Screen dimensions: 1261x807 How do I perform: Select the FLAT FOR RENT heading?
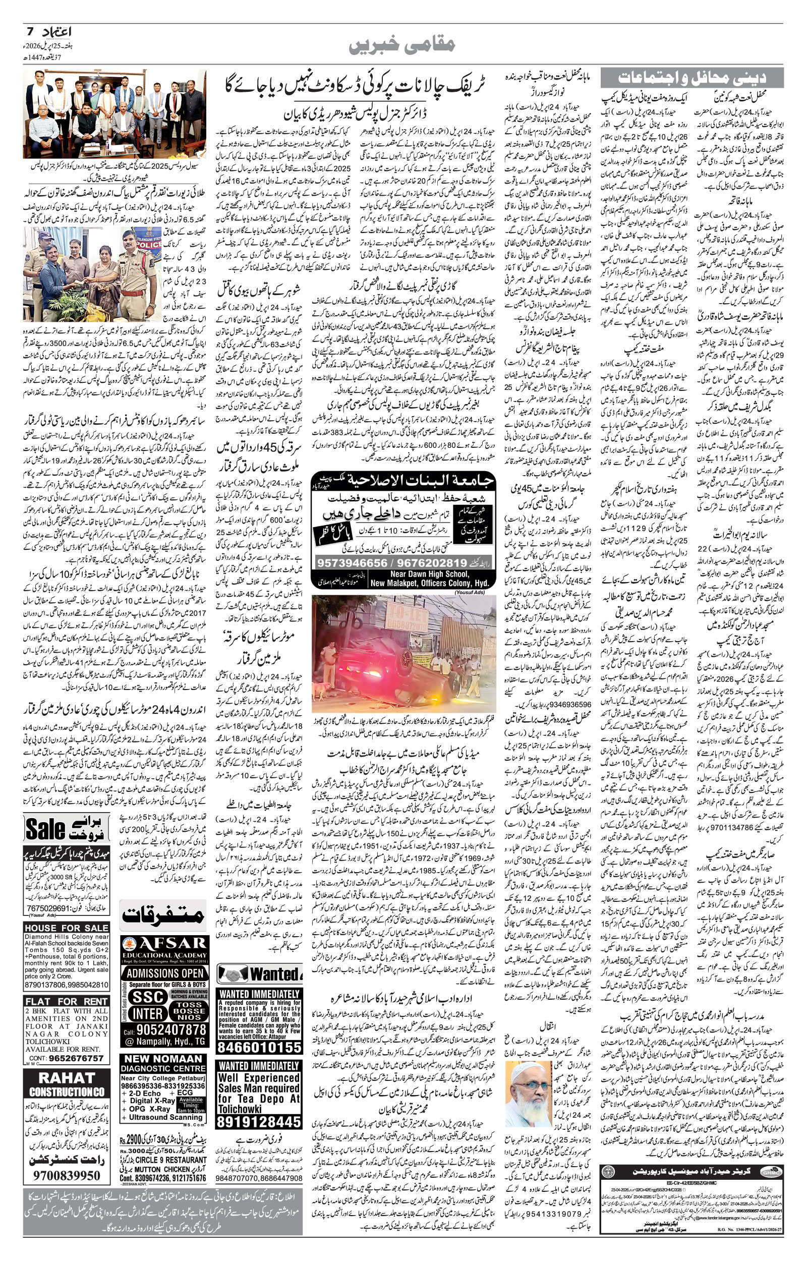(67, 1001)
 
